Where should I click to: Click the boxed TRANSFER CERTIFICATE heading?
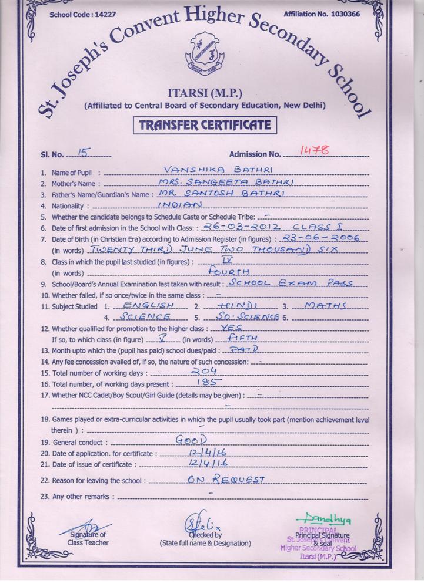coord(204,125)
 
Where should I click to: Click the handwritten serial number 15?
coord(84,153)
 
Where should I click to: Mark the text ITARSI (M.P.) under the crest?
coord(205,93)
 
